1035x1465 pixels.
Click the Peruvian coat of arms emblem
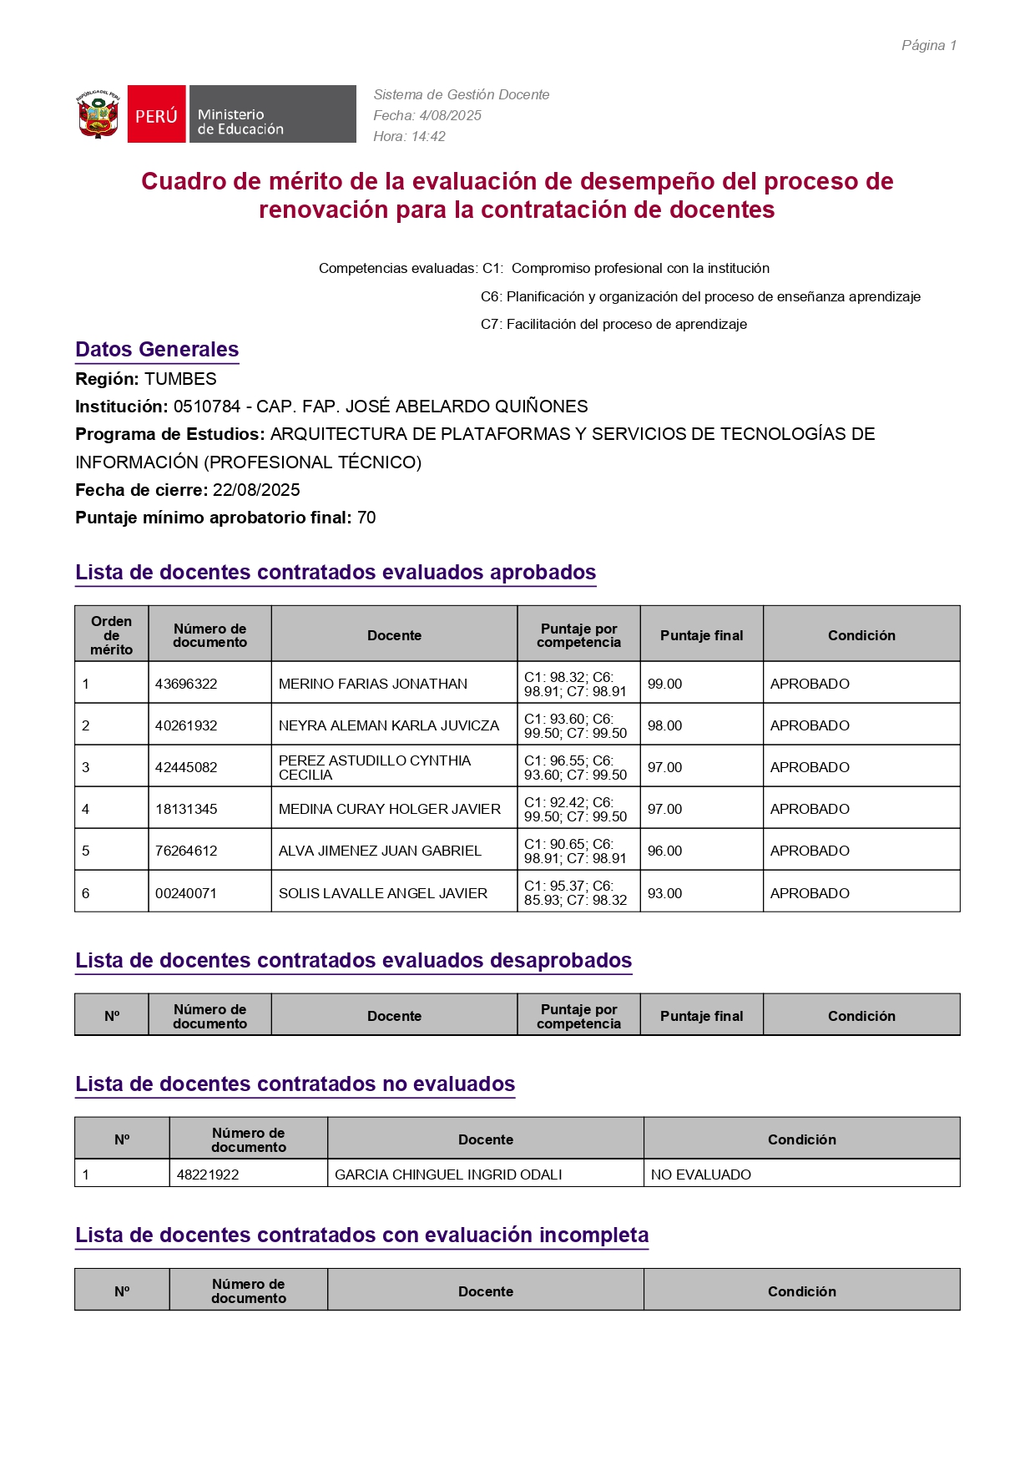(x=98, y=114)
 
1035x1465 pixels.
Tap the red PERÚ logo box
(x=157, y=114)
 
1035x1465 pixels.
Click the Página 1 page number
(x=928, y=45)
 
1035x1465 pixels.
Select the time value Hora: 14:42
(x=409, y=136)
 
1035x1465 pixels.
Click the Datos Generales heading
(x=157, y=350)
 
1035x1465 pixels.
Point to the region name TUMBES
(x=180, y=379)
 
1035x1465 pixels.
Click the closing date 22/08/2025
(x=256, y=490)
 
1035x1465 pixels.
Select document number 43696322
(x=186, y=684)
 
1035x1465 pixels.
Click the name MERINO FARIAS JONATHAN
(x=372, y=684)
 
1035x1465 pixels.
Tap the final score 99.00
(x=664, y=684)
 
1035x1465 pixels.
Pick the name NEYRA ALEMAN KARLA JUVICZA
(x=388, y=725)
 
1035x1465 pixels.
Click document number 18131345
(x=186, y=809)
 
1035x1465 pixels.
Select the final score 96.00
(x=664, y=851)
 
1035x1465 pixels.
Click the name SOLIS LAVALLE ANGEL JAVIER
(x=382, y=893)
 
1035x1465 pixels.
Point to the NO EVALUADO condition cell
(x=701, y=1175)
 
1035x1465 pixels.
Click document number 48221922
(x=208, y=1175)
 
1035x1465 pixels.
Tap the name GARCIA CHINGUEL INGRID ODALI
(x=448, y=1175)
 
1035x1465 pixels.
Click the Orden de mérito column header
(x=112, y=635)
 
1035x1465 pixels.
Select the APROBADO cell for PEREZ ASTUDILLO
(x=810, y=767)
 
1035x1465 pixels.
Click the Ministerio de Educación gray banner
(x=273, y=114)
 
